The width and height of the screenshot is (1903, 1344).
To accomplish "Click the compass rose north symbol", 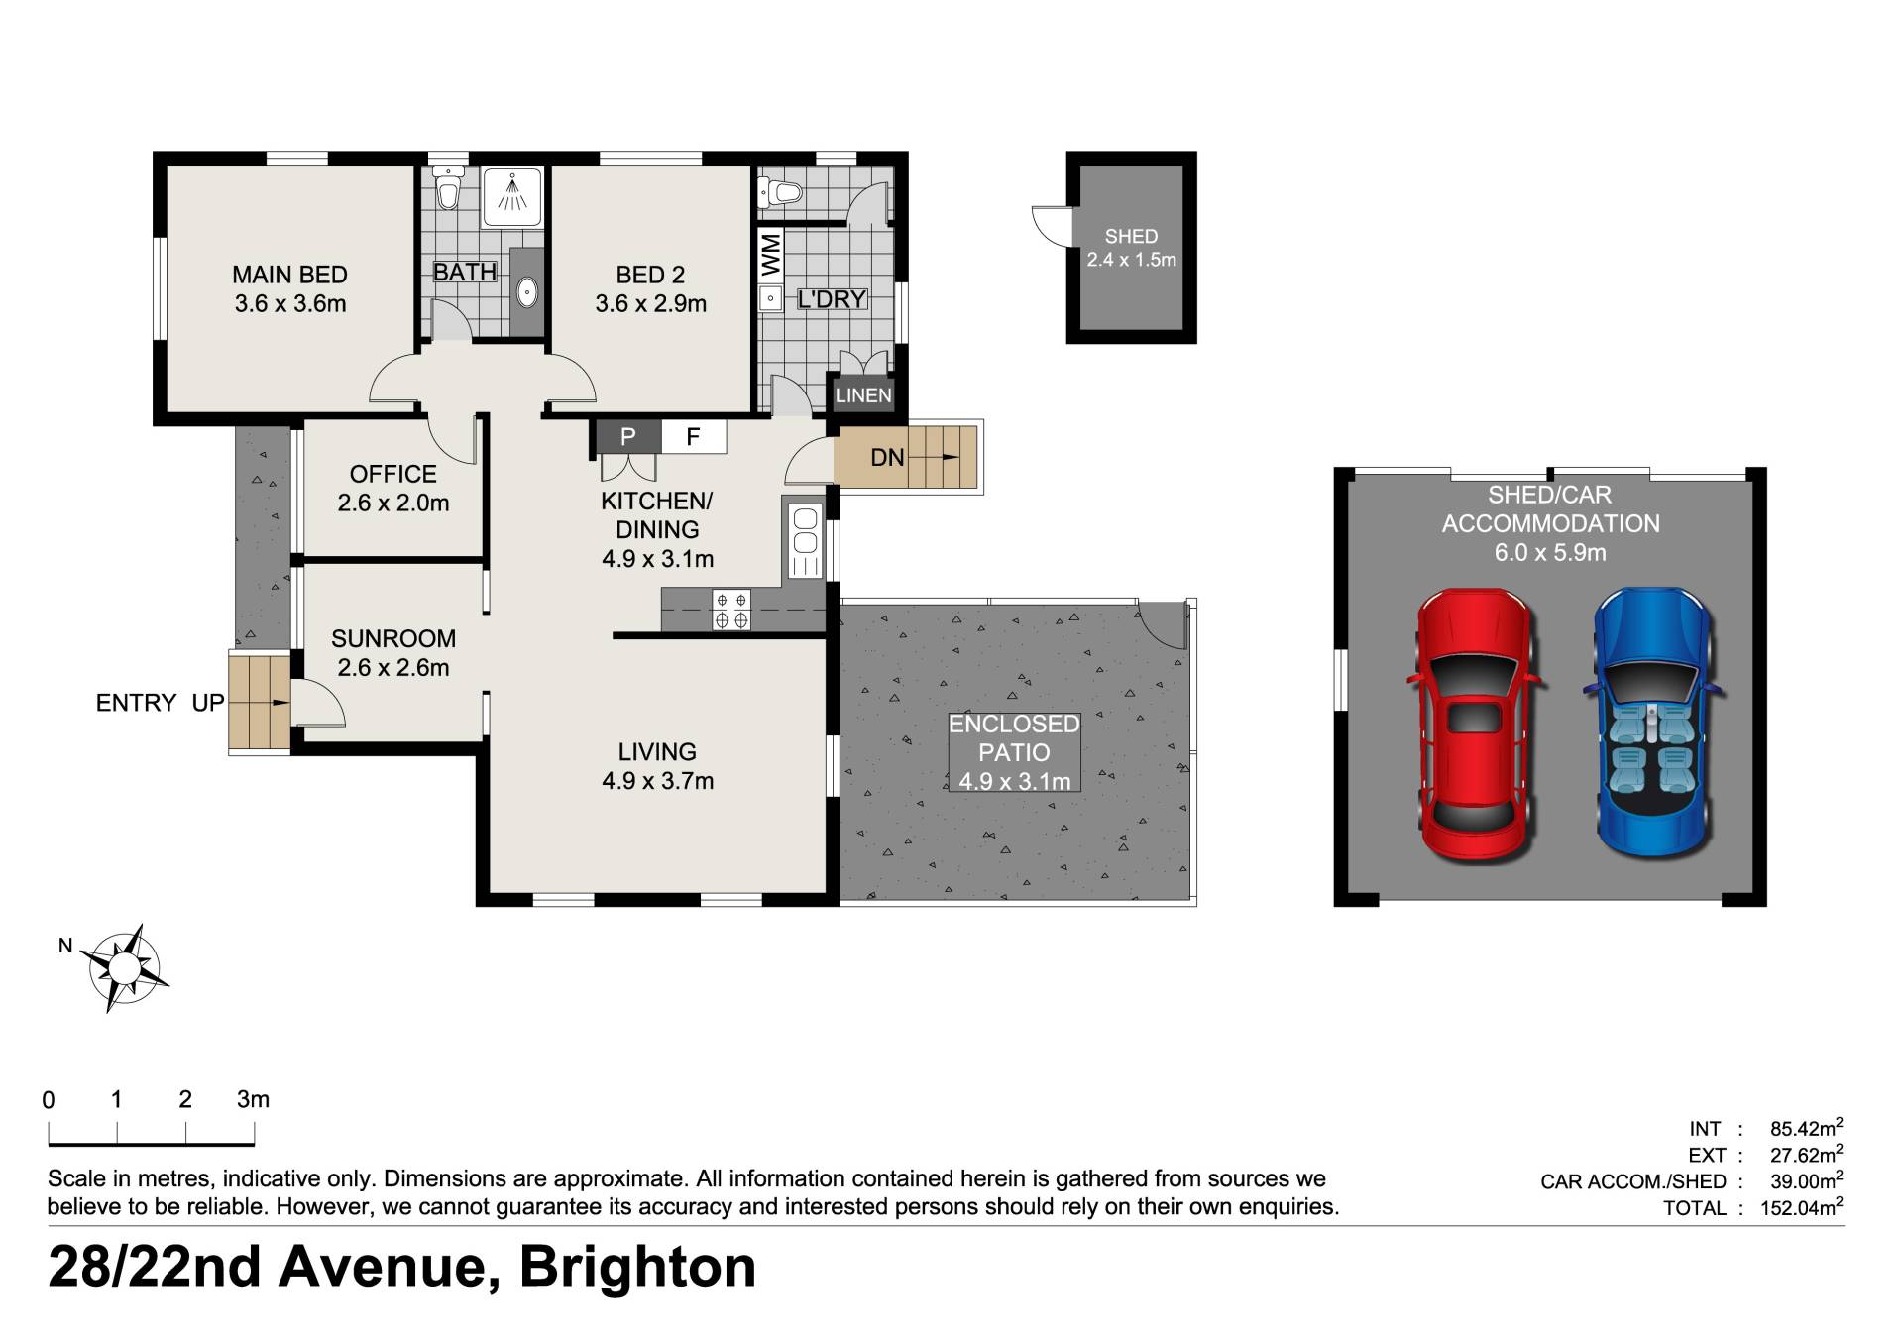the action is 124,967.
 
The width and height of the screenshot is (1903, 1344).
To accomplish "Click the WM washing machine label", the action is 771,255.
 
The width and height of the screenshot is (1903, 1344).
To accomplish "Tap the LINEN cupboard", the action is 863,394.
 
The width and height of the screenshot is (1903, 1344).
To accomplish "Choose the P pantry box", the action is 626,436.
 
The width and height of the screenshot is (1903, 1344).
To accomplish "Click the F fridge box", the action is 693,436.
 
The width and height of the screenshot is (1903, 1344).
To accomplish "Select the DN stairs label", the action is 887,457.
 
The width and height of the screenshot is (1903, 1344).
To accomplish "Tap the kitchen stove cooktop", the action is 731,611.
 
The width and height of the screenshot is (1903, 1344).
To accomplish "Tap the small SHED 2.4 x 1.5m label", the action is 1131,248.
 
